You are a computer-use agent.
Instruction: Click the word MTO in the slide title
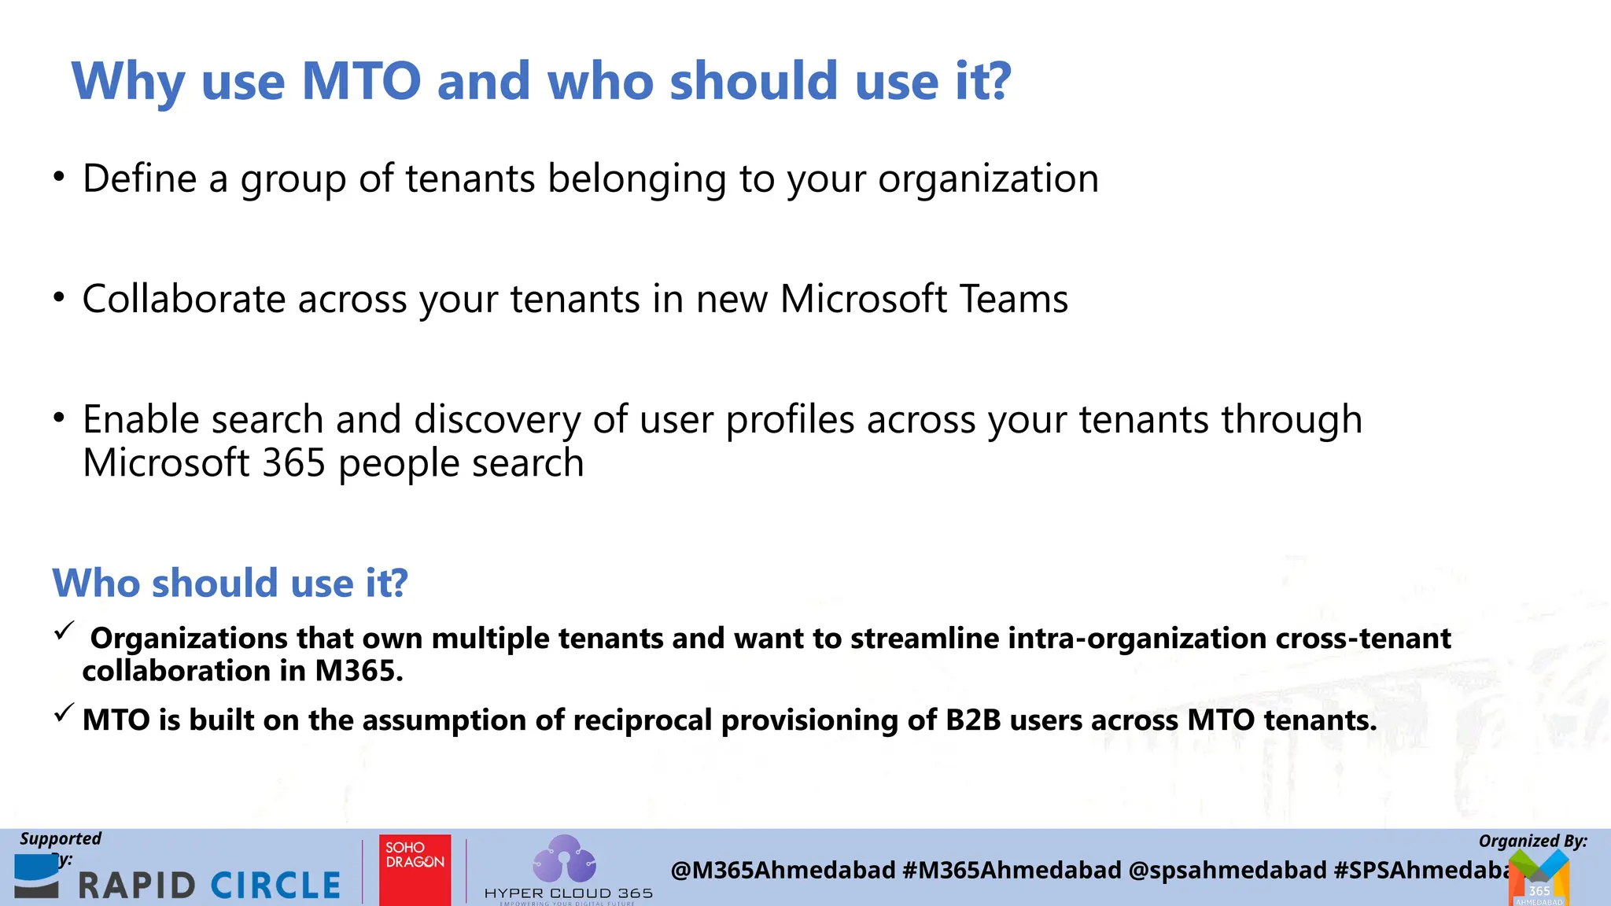point(361,82)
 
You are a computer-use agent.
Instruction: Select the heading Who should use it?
point(230,584)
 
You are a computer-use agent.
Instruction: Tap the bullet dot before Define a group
point(59,177)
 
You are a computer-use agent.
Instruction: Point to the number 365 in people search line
point(293,463)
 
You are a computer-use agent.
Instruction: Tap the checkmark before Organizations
point(65,630)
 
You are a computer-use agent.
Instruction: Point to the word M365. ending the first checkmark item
point(359,671)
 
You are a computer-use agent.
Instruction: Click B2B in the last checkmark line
point(973,720)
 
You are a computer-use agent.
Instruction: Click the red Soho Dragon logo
point(415,869)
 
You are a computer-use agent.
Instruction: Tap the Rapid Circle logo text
point(209,886)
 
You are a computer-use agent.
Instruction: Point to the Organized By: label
point(1532,841)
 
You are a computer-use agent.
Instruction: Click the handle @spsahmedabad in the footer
point(1227,871)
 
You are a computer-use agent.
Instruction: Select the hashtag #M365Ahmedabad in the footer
point(1012,871)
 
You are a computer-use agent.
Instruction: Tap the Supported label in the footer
point(61,839)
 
